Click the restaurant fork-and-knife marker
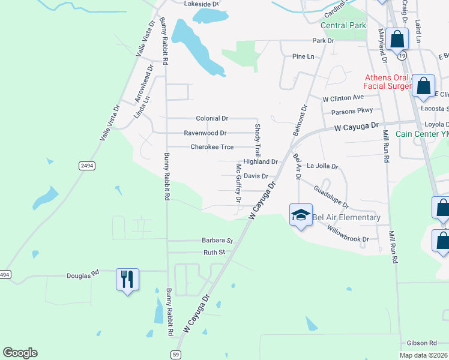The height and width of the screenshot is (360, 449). click(127, 280)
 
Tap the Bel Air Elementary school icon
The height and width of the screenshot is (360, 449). click(301, 215)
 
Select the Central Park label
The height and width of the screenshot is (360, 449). click(343, 26)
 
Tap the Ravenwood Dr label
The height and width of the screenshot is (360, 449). click(205, 133)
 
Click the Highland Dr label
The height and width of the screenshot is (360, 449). click(260, 162)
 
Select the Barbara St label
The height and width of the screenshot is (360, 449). click(217, 240)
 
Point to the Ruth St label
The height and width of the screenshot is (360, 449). click(213, 253)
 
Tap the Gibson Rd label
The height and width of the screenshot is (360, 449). click(424, 343)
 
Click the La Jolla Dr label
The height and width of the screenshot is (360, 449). click(322, 166)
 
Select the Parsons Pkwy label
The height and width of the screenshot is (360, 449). click(352, 110)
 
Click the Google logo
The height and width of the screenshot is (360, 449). click(20, 353)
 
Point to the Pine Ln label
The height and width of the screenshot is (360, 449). click(303, 56)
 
